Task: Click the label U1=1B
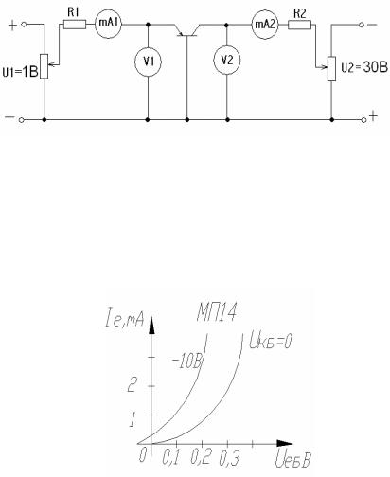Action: point(20,72)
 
